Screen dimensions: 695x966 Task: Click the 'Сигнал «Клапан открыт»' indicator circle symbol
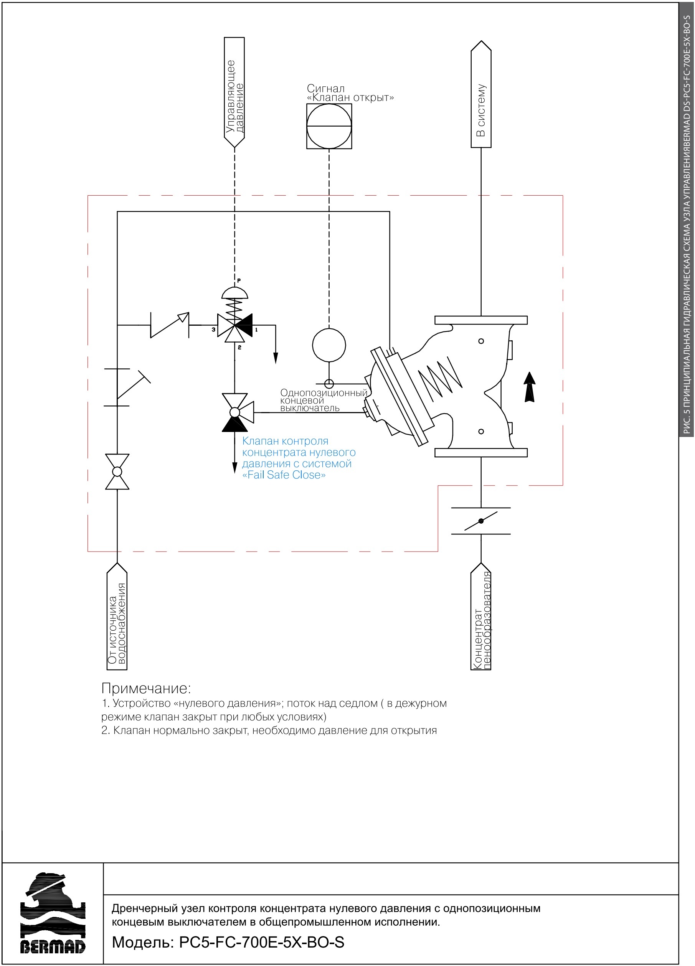coord(329,126)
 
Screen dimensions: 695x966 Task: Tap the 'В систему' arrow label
coord(480,94)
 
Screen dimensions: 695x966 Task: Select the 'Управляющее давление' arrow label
coord(234,92)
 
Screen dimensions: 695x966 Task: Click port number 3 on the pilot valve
coord(213,330)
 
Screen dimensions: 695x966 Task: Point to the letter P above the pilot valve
coord(239,280)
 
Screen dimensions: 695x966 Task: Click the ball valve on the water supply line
coord(117,471)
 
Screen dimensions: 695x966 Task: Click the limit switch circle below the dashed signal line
coord(329,345)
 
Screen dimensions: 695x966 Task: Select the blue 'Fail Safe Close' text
coord(284,475)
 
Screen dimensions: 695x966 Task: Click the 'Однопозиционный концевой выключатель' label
coord(324,400)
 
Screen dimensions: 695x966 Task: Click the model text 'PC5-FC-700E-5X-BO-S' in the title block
coord(262,942)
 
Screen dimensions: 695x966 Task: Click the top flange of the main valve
coord(480,320)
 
